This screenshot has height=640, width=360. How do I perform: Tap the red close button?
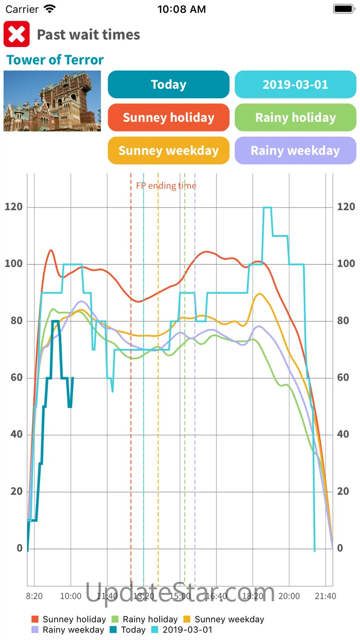[x=17, y=34]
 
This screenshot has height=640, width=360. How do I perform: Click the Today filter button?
[x=168, y=84]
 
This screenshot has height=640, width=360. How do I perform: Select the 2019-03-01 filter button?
[x=295, y=84]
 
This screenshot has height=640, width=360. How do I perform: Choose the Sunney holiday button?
[x=168, y=117]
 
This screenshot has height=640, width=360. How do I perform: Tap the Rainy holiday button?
[x=295, y=117]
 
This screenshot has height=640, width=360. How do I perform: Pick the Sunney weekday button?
[x=168, y=150]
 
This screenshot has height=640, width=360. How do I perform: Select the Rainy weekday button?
[x=295, y=150]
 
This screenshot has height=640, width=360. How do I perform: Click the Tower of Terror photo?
[x=52, y=101]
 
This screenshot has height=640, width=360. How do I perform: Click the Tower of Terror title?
[x=55, y=60]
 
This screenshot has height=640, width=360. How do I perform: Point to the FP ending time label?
[x=166, y=185]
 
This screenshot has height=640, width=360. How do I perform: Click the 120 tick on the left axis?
[x=13, y=207]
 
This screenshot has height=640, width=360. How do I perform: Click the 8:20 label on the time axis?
[x=34, y=596]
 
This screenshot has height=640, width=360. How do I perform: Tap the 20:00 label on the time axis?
[x=289, y=596]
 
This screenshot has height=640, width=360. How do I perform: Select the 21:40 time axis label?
[x=325, y=596]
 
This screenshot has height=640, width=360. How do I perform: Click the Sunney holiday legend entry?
[x=69, y=619]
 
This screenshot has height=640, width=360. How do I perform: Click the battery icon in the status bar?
[x=344, y=9]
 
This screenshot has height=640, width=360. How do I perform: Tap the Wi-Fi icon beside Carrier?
[x=49, y=9]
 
